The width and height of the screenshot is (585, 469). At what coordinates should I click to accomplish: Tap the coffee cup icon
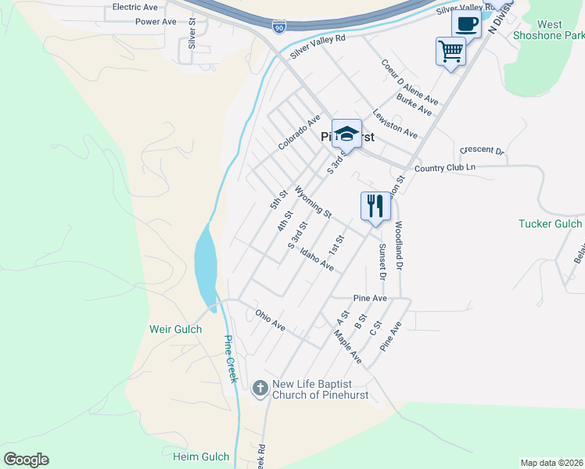click(x=467, y=24)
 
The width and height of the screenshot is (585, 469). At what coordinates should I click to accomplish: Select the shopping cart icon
click(x=450, y=52)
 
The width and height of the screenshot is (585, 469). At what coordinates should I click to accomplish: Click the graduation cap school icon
click(x=346, y=134)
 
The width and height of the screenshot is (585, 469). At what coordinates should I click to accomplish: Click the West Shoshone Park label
click(x=549, y=30)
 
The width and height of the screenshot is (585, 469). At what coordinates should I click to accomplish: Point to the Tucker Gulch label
click(x=550, y=224)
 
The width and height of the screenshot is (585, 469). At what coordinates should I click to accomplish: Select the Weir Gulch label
click(x=176, y=329)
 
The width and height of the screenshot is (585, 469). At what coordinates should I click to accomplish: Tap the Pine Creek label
click(x=230, y=359)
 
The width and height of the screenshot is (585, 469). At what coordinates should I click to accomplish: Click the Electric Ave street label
click(x=135, y=7)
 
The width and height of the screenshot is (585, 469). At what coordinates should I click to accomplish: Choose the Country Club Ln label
click(x=444, y=167)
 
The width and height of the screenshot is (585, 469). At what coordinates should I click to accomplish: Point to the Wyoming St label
click(x=314, y=202)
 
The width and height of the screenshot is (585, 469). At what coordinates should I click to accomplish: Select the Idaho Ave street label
click(x=317, y=261)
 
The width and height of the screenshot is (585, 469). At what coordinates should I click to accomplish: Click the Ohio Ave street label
click(x=270, y=319)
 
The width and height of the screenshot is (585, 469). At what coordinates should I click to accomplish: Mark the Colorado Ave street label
click(x=300, y=132)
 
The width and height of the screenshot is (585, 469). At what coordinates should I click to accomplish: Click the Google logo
click(x=26, y=460)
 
